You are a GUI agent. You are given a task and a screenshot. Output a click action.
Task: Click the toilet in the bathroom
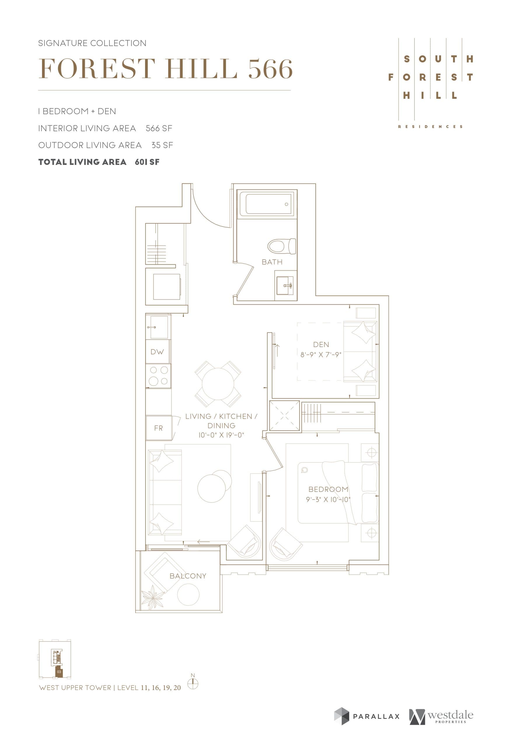282,246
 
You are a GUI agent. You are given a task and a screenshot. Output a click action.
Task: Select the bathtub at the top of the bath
266,203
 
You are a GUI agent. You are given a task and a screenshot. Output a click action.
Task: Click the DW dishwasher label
157,352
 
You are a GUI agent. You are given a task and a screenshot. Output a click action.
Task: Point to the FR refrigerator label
158,428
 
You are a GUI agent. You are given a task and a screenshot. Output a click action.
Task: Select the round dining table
218,384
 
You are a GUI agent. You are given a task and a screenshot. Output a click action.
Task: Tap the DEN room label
321,344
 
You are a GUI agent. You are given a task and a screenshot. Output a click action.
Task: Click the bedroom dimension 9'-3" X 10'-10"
328,499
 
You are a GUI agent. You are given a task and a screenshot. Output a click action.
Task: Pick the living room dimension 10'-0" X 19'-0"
221,435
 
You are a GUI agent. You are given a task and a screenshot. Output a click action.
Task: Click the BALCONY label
188,576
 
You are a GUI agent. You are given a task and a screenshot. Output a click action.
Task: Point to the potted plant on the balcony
152,597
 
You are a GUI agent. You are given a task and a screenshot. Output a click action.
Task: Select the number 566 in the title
270,69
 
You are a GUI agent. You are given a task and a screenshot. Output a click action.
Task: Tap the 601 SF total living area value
147,162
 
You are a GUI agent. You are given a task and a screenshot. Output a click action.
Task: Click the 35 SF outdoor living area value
162,145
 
